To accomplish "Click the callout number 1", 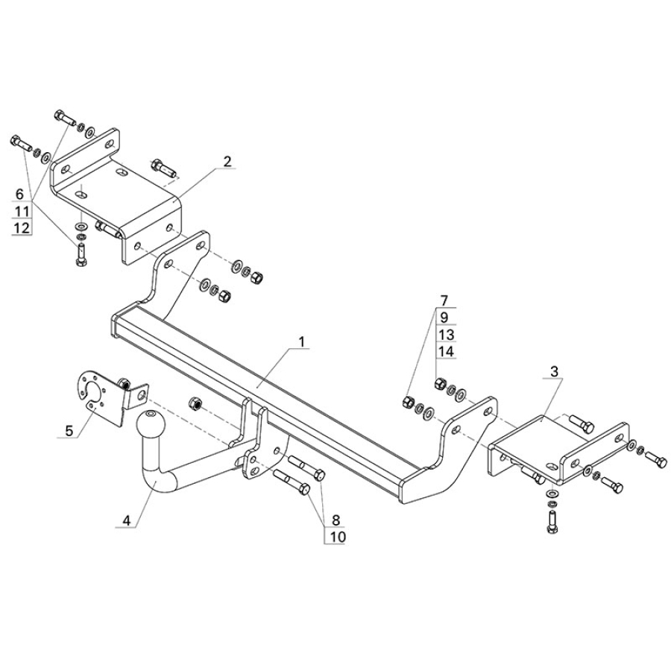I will (x=302, y=342).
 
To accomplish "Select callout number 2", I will (x=227, y=161).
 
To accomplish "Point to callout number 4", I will (x=127, y=520).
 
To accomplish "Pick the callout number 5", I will (x=69, y=430).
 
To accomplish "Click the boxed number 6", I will (x=20, y=194).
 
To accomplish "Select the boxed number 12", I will (x=22, y=228).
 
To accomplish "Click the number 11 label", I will (x=22, y=211).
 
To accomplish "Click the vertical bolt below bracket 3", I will (x=552, y=517).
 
